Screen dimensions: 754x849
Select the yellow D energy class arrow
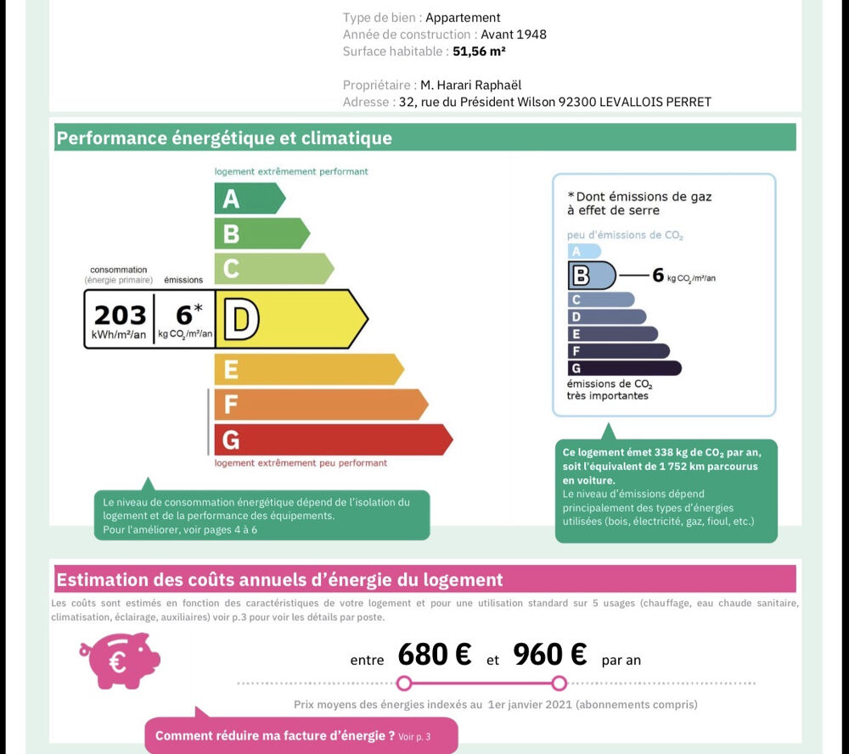[289, 319]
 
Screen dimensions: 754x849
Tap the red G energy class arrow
[331, 439]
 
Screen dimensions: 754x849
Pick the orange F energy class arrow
[318, 405]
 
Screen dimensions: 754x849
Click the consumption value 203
[120, 316]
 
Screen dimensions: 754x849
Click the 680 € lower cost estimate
[434, 655]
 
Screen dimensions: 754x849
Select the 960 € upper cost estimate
[549, 655]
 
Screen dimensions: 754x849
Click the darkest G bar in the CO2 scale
[624, 368]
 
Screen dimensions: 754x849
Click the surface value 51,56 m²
[479, 51]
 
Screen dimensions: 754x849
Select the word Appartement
[463, 17]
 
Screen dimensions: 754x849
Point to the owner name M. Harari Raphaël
[470, 85]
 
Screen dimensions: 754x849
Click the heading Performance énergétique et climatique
[224, 137]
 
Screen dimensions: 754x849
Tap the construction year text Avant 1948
[513, 34]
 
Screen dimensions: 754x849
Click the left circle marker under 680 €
[404, 684]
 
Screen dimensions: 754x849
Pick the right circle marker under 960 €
[559, 684]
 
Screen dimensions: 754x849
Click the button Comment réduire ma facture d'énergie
[301, 736]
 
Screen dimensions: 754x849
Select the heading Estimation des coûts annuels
[279, 580]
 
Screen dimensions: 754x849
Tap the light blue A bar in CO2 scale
[583, 251]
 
